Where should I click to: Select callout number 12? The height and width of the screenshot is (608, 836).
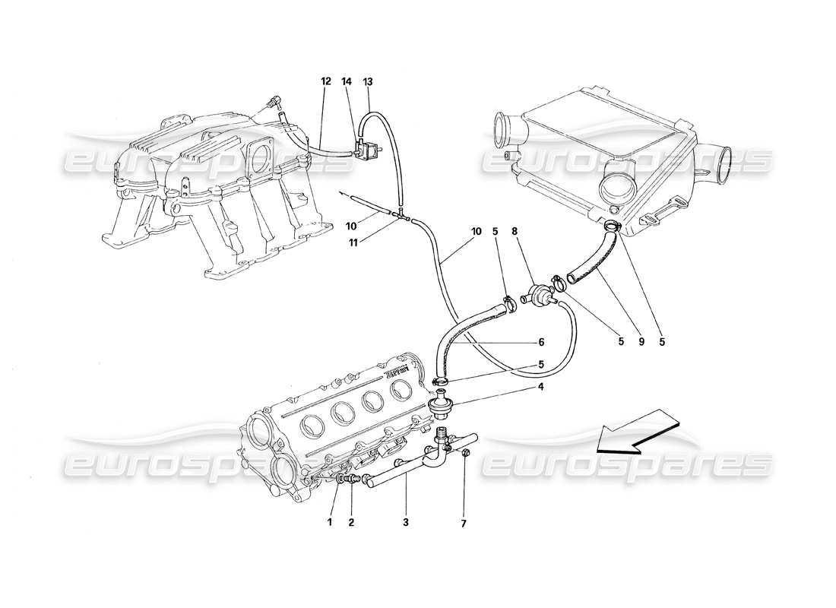coord(326,81)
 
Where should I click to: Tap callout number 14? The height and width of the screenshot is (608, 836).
coord(347,81)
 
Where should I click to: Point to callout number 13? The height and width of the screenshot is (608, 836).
coord(369,81)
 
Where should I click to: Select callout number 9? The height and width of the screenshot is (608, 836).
coord(641,342)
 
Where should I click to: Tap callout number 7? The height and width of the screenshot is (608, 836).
coord(464,523)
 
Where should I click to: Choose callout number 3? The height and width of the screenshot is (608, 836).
coord(406,523)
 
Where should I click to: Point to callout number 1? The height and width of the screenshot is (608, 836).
coord(330,523)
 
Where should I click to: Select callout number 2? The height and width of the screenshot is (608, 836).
coord(351,523)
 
